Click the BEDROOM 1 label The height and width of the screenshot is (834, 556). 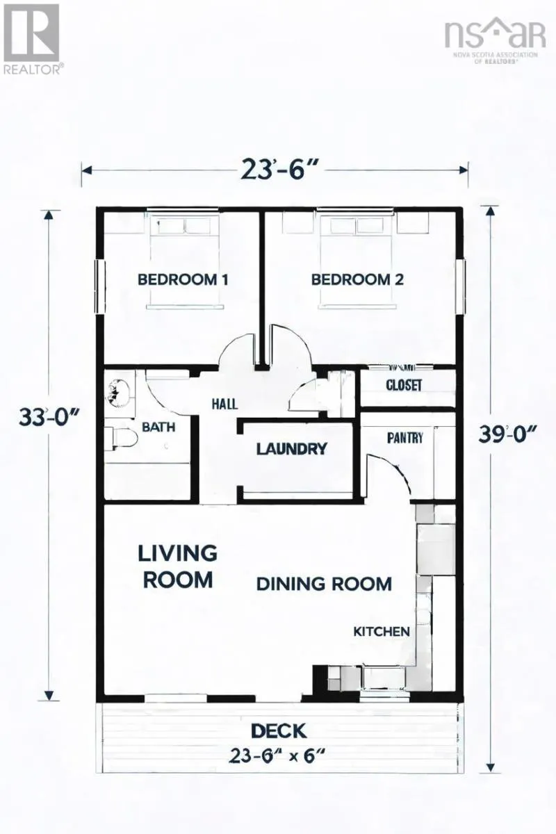click(183, 279)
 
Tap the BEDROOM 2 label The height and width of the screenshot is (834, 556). click(357, 279)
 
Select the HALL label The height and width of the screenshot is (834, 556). click(224, 404)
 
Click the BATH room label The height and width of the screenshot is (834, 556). click(158, 427)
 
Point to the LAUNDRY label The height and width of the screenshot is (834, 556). click(292, 449)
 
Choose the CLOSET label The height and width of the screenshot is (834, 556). click(404, 385)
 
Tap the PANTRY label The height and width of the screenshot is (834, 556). click(405, 437)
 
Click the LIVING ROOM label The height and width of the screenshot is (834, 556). click(178, 566)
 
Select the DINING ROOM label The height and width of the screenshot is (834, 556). click(324, 584)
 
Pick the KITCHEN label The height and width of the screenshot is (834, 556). click(382, 632)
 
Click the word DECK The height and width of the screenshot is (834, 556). click(279, 731)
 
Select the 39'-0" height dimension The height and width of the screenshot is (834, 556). click(508, 434)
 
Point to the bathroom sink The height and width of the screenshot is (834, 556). click(119, 393)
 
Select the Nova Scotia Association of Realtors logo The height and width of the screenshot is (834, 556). click(496, 41)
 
